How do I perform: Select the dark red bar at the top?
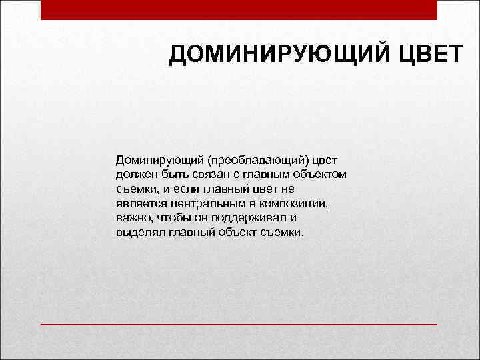pos(239,9)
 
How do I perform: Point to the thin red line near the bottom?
pos(239,324)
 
